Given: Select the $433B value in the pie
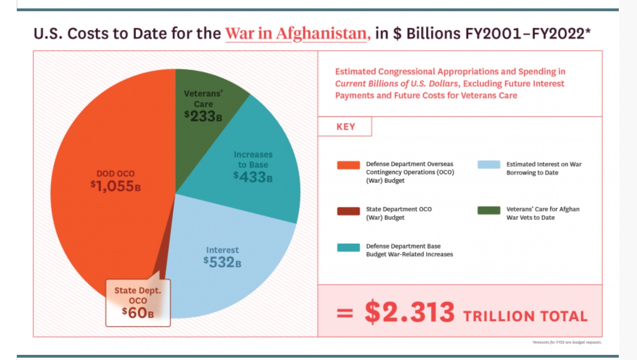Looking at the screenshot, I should pos(253,177).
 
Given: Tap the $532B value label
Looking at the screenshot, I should pos(222,262).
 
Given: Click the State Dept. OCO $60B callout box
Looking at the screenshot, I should pos(138,302).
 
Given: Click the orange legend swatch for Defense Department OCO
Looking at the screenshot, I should pos(348,165).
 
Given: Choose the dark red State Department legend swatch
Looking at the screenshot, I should pos(348,211).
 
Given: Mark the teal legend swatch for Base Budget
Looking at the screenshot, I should pos(348,247).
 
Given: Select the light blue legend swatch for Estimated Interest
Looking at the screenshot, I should pos(489,165).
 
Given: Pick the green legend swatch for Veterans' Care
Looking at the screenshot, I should pos(489,210).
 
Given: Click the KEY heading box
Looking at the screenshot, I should pos(345,127).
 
